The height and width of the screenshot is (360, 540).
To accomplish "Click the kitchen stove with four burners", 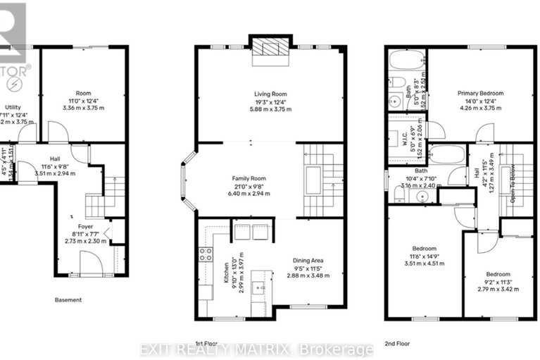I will point(206,254).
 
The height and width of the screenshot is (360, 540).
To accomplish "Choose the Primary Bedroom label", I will point(478,93).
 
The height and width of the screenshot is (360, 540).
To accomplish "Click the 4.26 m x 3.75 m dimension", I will point(478,108).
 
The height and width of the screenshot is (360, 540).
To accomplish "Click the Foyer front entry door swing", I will point(90,264).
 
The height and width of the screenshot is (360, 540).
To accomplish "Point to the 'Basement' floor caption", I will point(69,300).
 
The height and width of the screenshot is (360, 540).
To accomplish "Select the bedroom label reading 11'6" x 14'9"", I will point(425,256).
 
